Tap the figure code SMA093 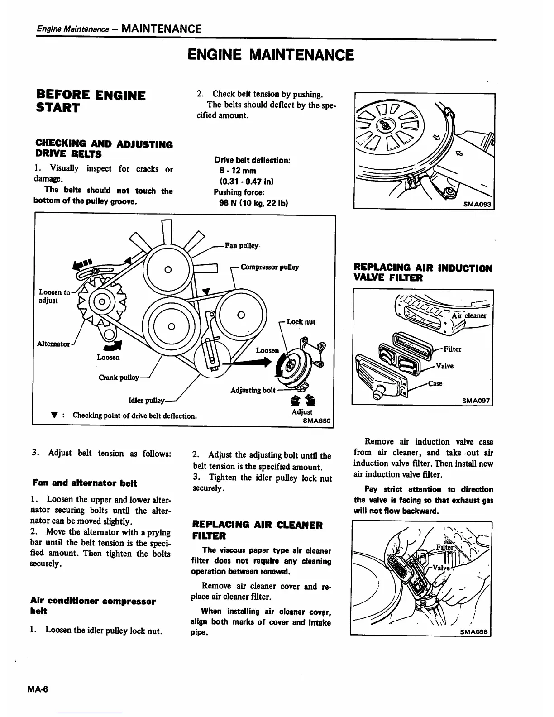[478, 204]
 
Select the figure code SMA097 [476, 400]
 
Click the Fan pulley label [242, 246]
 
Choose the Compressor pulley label [270, 267]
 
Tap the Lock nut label [301, 322]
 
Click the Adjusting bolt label [253, 390]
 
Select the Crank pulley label [118, 378]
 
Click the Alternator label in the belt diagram [53, 344]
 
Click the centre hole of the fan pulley [167, 270]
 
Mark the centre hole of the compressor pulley [241, 315]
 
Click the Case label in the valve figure [435, 383]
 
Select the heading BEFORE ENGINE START [91, 101]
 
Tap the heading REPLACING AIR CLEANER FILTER [258, 531]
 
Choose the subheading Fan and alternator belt [85, 483]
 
